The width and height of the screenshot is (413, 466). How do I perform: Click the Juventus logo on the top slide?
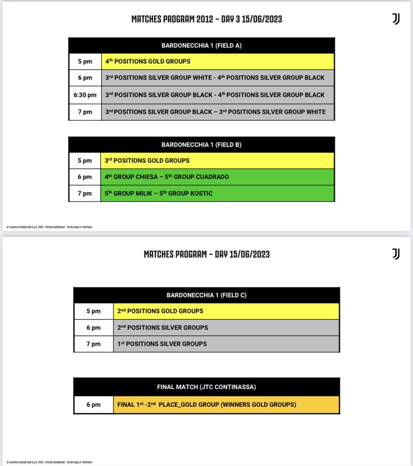point(396,19)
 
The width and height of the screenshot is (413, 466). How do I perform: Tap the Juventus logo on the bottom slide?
point(396,253)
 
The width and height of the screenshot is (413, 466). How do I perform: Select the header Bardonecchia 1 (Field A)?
point(201,46)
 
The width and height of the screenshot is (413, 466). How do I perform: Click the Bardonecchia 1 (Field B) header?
point(201,145)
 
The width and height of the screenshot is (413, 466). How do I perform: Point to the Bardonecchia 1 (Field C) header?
point(206,295)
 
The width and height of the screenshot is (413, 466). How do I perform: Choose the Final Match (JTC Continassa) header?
point(206,387)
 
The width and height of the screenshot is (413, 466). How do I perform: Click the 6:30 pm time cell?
point(85,95)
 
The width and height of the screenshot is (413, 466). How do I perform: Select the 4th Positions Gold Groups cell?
point(218,62)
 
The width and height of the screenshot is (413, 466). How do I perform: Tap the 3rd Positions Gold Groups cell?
point(218,160)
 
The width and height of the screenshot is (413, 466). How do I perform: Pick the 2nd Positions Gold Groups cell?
point(226,311)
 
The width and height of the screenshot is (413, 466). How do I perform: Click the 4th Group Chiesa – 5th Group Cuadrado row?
point(218,177)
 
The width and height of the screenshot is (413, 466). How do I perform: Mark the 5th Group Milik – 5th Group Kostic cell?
point(218,193)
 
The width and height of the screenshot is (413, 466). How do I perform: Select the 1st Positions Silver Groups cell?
point(226,344)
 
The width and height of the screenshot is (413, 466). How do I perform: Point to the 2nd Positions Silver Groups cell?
point(226,327)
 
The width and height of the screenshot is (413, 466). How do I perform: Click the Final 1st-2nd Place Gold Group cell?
point(226,404)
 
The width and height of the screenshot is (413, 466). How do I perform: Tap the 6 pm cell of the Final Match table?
point(93,404)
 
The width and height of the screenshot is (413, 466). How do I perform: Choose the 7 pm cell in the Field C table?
point(93,344)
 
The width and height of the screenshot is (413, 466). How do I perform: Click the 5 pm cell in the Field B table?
point(85,160)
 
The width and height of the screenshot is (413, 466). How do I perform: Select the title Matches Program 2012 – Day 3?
point(206,19)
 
